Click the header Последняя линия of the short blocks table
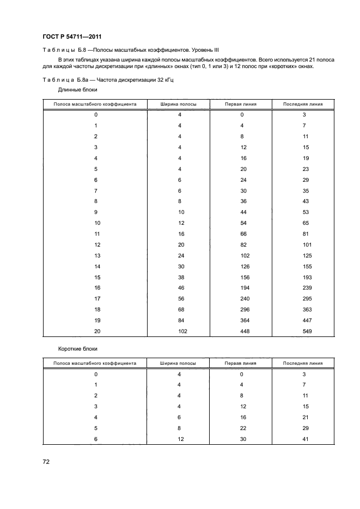[303, 363]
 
